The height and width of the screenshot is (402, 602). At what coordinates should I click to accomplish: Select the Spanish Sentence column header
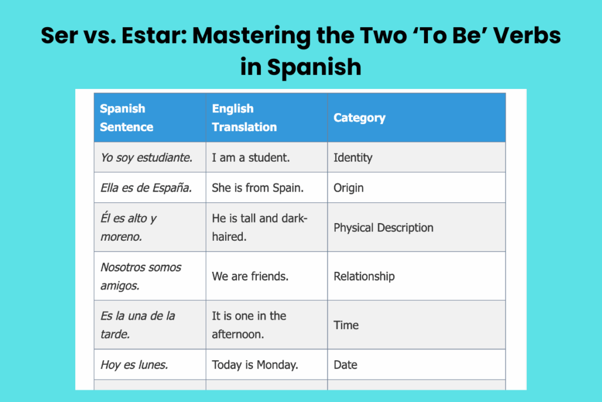point(126,118)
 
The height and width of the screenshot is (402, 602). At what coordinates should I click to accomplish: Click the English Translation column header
point(244,118)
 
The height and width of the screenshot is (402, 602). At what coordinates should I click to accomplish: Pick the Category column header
point(359,118)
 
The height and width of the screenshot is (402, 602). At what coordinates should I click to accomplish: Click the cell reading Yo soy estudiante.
point(146,158)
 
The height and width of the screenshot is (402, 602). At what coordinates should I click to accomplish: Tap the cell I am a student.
point(251,158)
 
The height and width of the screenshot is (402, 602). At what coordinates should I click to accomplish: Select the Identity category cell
point(353,158)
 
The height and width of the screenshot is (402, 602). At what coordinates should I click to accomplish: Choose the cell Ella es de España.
point(146,188)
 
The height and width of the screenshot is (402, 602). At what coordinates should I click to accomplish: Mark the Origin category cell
point(349,188)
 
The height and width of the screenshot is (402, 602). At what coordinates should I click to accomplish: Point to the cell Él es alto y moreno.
point(129,227)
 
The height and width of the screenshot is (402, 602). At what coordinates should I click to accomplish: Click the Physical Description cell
point(383,228)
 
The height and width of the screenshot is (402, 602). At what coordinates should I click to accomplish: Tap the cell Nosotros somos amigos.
point(141,276)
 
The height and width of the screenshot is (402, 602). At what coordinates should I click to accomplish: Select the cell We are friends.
point(250,277)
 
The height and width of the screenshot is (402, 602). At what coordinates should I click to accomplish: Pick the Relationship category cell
point(364,277)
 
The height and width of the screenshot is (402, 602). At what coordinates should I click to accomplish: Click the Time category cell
point(346,325)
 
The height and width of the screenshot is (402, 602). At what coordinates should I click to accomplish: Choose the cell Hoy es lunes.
point(134,365)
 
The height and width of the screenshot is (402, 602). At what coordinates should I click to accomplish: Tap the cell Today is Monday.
point(255,365)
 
